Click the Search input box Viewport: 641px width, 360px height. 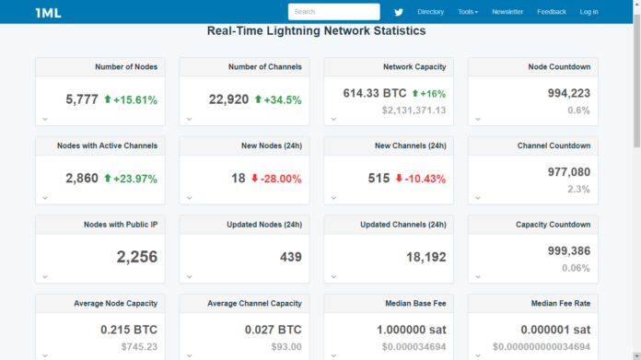[x=333, y=12]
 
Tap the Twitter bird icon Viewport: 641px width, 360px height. [x=399, y=12]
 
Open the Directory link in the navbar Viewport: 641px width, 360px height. [x=430, y=12]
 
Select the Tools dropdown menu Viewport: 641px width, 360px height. [x=468, y=12]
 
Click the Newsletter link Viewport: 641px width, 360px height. [x=507, y=12]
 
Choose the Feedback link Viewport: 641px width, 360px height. [x=552, y=12]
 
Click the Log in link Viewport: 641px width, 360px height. [x=589, y=12]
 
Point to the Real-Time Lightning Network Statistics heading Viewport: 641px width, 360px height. [x=317, y=31]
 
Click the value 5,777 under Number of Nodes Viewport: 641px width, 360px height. [x=82, y=99]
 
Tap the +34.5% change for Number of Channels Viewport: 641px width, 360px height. [x=283, y=99]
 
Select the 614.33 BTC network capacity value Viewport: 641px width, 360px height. [x=375, y=93]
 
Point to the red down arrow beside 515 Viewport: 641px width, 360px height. [x=399, y=179]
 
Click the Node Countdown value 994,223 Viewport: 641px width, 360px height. [x=568, y=93]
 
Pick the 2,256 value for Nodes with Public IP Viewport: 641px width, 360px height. [x=137, y=257]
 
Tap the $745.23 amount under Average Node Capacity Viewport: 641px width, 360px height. [x=138, y=346]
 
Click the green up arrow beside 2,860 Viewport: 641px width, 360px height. [x=108, y=179]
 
